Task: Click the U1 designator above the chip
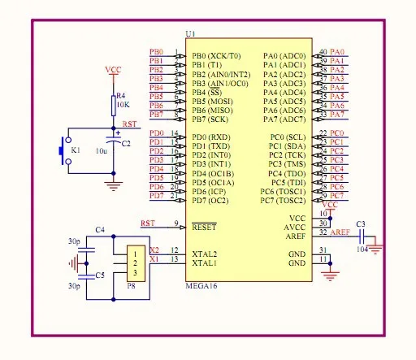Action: point(190,33)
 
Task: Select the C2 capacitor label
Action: point(125,143)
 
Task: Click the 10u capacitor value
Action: point(102,152)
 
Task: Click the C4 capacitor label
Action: point(100,230)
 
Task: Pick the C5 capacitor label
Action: point(100,275)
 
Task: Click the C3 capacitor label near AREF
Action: point(361,223)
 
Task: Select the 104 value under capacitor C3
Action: point(362,250)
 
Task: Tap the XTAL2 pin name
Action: point(204,254)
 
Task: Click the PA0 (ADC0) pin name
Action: point(284,55)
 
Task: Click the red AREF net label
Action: point(341,232)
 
